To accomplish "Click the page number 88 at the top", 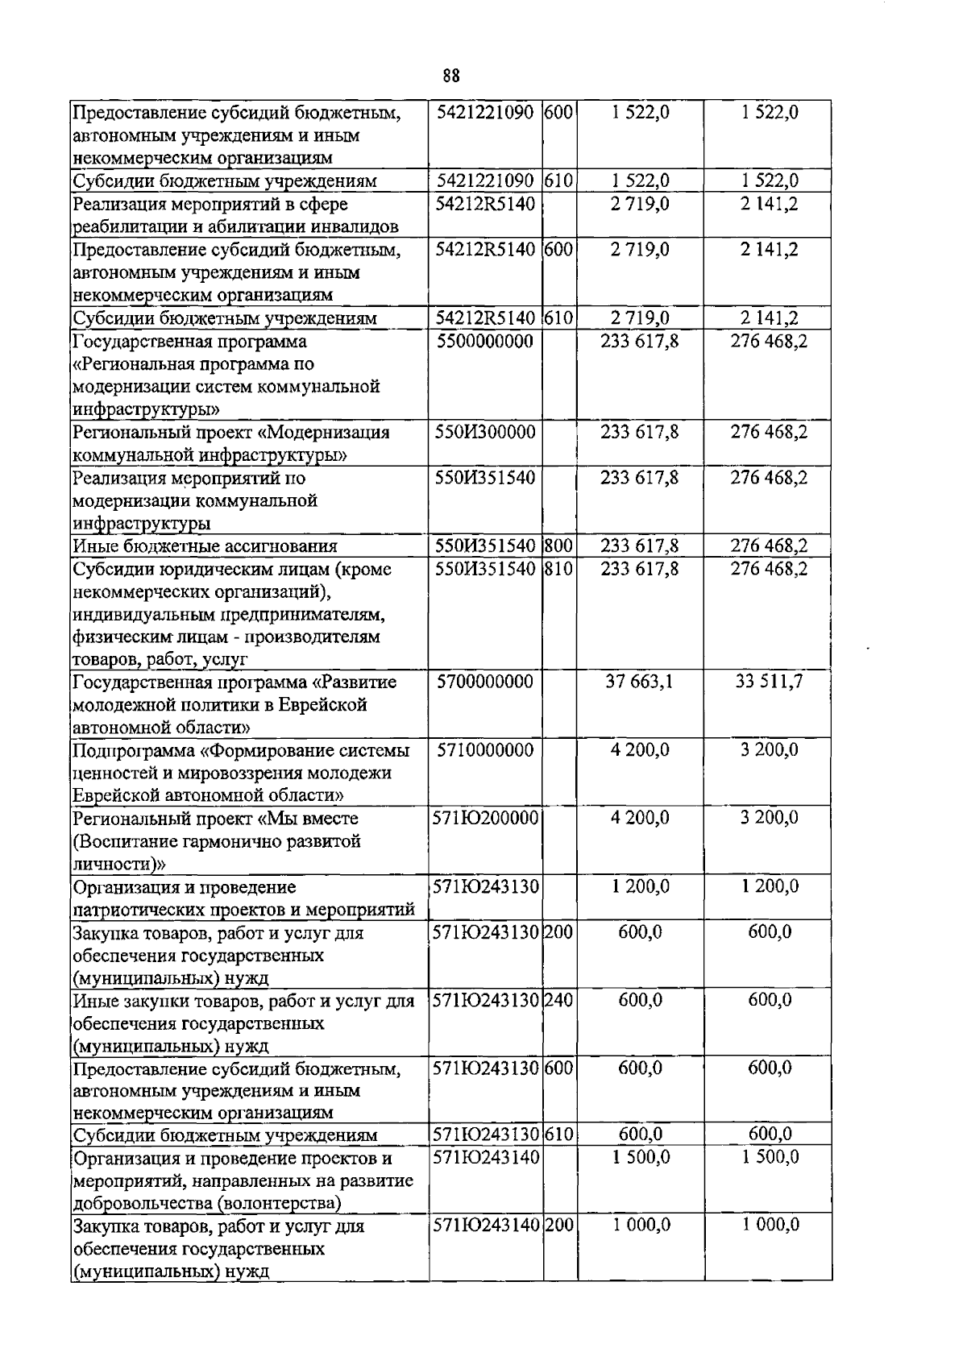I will pyautogui.click(x=451, y=76).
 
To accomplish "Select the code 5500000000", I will pyautogui.click(x=485, y=342).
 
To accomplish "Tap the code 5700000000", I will pyautogui.click(x=485, y=682).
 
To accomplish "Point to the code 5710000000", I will pyautogui.click(x=485, y=750).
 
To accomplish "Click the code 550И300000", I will pyautogui.click(x=485, y=433).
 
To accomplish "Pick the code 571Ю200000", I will pyautogui.click(x=485, y=819).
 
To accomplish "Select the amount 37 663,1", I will pyautogui.click(x=640, y=682).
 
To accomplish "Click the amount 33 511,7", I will pyautogui.click(x=769, y=682).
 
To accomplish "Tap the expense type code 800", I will pyautogui.click(x=558, y=546).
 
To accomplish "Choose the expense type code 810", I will pyautogui.click(x=558, y=569).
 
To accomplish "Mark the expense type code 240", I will pyautogui.click(x=558, y=1001).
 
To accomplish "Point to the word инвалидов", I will pyautogui.click(x=360, y=227).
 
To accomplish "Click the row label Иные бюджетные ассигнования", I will pyautogui.click(x=205, y=547).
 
